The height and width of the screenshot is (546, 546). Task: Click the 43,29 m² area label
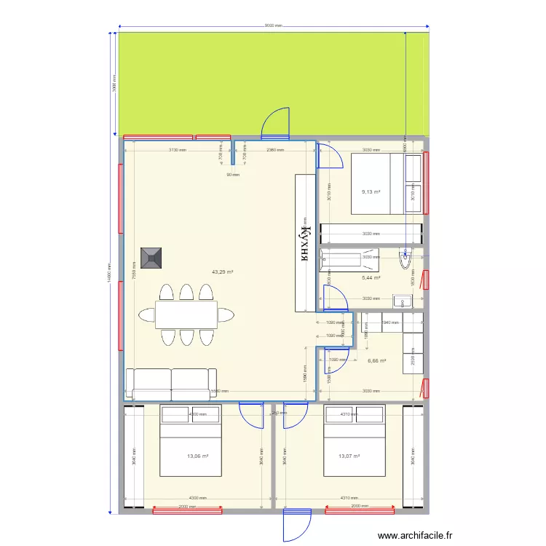pos(222,272)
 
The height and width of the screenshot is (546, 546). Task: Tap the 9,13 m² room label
pos(371,192)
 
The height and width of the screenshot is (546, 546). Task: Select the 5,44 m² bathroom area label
pos(371,277)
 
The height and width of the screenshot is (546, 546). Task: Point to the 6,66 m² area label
pos(376,360)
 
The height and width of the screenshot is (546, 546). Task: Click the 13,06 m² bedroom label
pos(198,456)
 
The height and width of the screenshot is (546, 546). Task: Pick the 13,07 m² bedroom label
pos(349,456)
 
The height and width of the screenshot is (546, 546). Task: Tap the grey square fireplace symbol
pos(153,258)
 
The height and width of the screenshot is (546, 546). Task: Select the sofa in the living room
pos(171,384)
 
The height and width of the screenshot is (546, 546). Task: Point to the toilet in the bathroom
pos(405,260)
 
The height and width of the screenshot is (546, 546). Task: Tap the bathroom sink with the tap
pos(403,301)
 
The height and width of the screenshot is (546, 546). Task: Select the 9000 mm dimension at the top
pos(273,26)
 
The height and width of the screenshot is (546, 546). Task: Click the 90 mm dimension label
pos(233,175)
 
